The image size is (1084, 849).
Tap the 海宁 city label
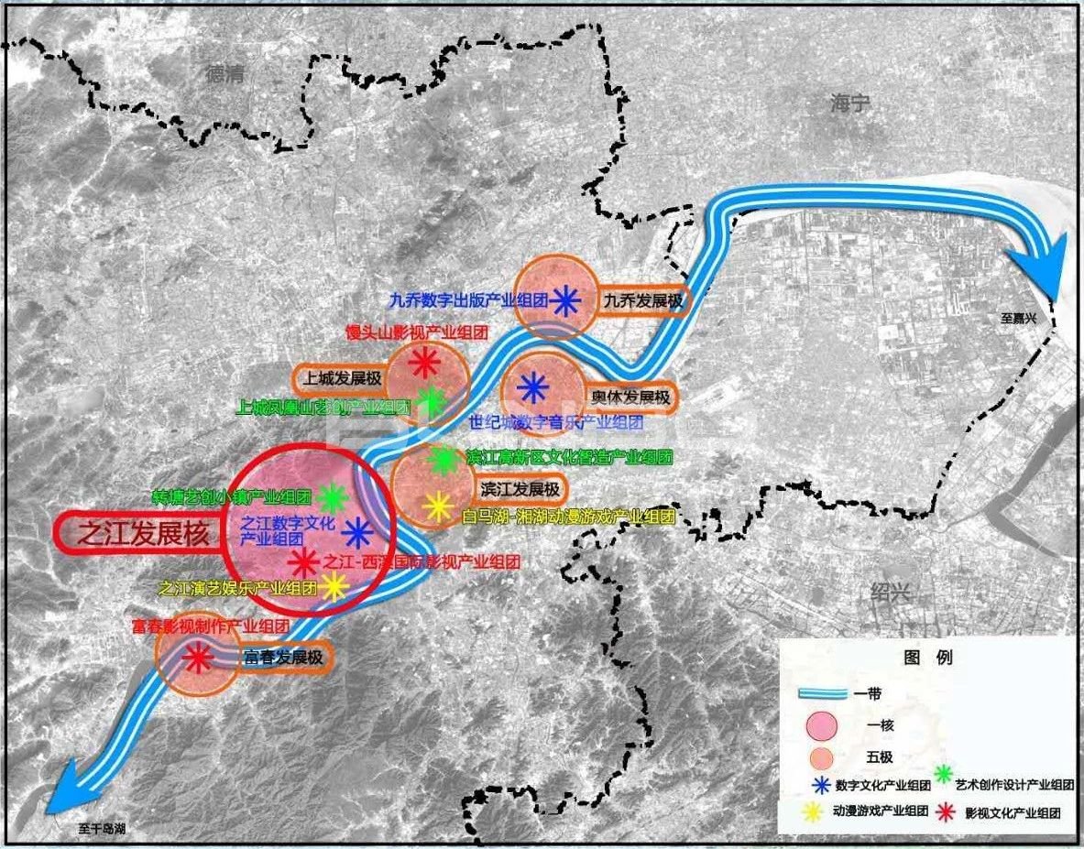(x=849, y=103)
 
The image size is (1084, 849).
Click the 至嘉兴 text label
(x=1023, y=319)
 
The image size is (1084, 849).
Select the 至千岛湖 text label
(x=102, y=829)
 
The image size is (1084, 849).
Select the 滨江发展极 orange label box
(x=518, y=488)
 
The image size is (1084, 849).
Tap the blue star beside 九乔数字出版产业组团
(x=564, y=300)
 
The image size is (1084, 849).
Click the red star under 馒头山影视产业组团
(x=423, y=363)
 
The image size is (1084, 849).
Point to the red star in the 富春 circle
(x=195, y=658)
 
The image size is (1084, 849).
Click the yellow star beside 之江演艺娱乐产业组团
(x=334, y=587)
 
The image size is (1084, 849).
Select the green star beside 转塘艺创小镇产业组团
(x=333, y=498)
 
